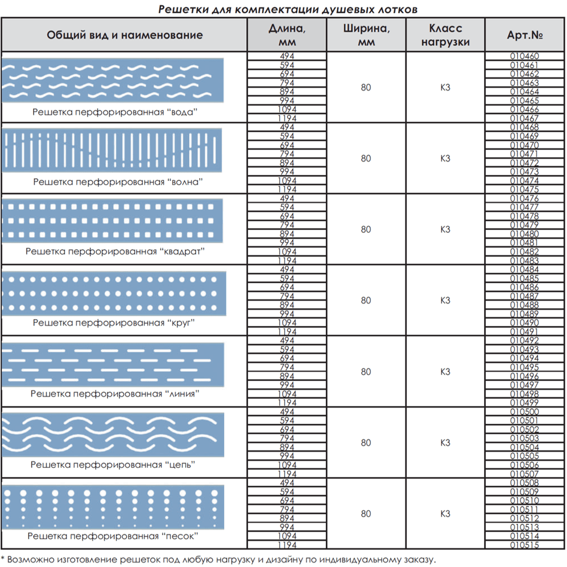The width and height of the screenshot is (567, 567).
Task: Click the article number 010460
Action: [524, 56]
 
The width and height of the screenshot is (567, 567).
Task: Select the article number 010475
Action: [524, 189]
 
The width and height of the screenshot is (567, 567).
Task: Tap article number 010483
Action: [524, 261]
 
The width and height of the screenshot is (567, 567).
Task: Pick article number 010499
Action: [524, 403]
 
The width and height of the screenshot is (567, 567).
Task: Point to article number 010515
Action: [524, 545]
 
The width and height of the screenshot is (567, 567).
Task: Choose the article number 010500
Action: [524, 412]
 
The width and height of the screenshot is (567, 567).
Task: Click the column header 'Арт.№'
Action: [525, 35]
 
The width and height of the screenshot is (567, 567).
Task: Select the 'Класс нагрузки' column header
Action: [445, 35]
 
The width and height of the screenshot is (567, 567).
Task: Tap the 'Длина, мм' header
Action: [287, 35]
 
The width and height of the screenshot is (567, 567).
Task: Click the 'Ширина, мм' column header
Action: [366, 35]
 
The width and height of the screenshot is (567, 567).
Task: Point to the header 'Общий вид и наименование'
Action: [124, 35]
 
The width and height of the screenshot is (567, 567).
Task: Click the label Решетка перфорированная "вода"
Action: [115, 112]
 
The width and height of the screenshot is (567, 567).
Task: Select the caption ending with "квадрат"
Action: [115, 251]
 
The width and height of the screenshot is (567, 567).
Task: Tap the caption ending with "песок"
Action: [113, 536]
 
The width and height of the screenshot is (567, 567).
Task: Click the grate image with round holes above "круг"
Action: [113, 294]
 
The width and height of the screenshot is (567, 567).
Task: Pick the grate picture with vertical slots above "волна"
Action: [112, 150]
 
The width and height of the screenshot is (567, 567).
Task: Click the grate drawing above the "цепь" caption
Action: [113, 435]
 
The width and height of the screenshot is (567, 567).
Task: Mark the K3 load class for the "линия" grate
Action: [445, 372]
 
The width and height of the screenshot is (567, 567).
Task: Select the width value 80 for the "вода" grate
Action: [366, 87]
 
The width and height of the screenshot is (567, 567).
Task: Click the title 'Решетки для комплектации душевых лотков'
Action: [288, 9]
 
